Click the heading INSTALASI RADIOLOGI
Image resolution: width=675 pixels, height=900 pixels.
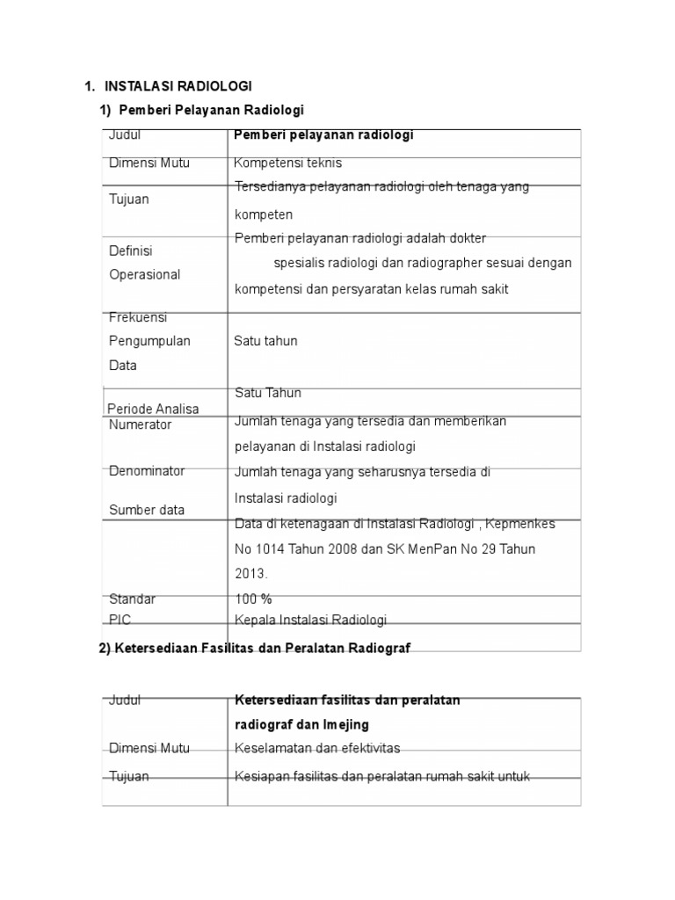pyautogui.click(x=178, y=85)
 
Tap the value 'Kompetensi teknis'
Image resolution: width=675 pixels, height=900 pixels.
pyautogui.click(x=287, y=163)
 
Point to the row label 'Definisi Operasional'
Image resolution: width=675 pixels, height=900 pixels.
pyautogui.click(x=144, y=263)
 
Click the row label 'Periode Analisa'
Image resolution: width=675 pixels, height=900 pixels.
pyautogui.click(x=153, y=409)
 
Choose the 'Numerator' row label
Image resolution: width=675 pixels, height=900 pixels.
pyautogui.click(x=140, y=425)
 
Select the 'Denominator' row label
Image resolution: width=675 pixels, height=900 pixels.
pyautogui.click(x=147, y=471)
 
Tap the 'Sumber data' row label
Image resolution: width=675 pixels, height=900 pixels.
pyautogui.click(x=147, y=510)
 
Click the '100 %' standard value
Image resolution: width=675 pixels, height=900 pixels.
pyautogui.click(x=253, y=599)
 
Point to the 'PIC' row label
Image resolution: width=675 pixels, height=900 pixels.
pyautogui.click(x=120, y=620)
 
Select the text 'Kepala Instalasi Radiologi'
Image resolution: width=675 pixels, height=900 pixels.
pyautogui.click(x=310, y=620)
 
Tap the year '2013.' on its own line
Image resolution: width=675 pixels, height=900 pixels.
pyautogui.click(x=250, y=573)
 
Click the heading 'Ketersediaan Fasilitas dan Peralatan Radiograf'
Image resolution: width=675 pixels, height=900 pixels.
pyautogui.click(x=262, y=648)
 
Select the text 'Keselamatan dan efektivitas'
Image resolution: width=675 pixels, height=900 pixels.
pyautogui.click(x=316, y=748)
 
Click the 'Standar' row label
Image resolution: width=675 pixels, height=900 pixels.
pyautogui.click(x=132, y=599)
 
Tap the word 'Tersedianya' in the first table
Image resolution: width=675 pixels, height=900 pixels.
pyautogui.click(x=266, y=186)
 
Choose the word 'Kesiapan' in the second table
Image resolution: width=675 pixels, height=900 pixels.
pyautogui.click(x=258, y=776)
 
